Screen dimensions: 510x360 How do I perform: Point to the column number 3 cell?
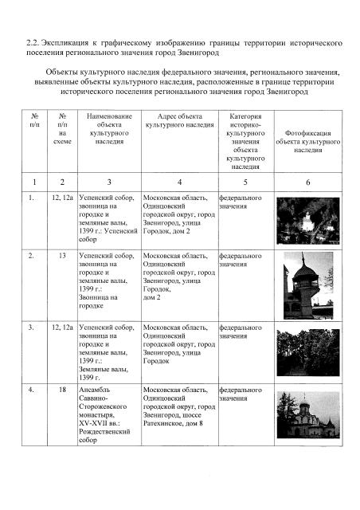tap(109, 182)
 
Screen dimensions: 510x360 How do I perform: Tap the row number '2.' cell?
tap(31, 257)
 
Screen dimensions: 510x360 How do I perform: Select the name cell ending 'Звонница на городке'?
tap(108, 284)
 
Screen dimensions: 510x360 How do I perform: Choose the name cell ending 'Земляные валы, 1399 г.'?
tap(108, 351)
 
